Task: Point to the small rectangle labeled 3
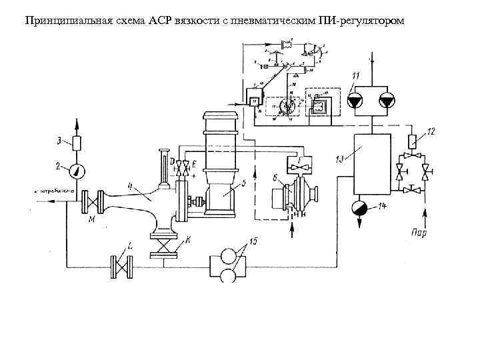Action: click(x=77, y=143)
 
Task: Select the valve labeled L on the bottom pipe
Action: click(x=122, y=267)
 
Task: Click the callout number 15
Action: click(x=252, y=241)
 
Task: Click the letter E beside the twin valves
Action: click(x=193, y=162)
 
